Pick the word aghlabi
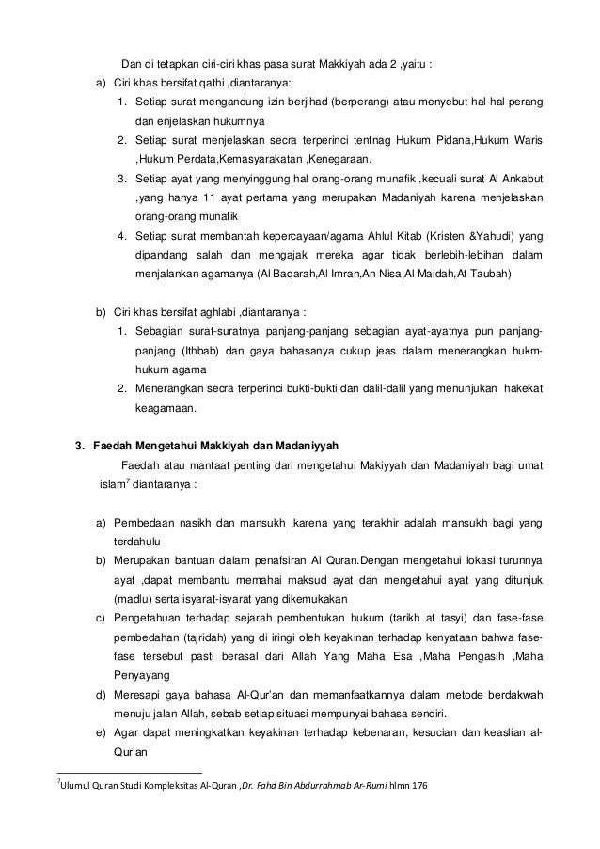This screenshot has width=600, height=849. [x=215, y=311]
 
